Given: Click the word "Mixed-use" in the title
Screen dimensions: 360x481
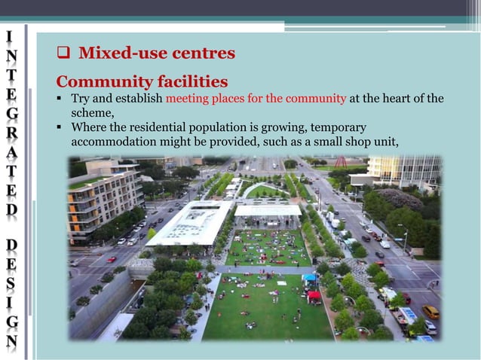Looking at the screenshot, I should tap(116, 53).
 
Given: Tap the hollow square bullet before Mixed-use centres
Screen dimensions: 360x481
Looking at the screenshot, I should tap(64, 54).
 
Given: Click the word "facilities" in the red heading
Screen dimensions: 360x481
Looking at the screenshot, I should tap(192, 81).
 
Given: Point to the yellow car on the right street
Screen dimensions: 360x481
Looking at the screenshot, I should tap(430, 311).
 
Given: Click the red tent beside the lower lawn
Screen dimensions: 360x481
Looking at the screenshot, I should tap(314, 296).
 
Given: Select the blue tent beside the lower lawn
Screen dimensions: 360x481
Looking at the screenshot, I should tap(310, 279).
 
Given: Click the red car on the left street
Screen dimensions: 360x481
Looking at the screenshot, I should tap(112, 259).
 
